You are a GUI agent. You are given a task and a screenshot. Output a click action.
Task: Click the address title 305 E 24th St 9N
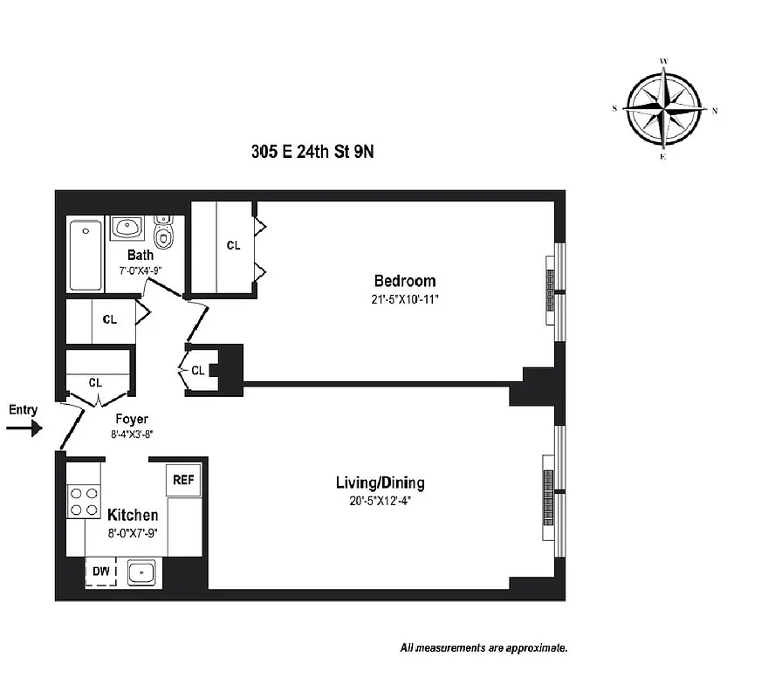pos(312,151)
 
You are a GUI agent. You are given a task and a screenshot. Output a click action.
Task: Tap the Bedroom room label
pos(404,281)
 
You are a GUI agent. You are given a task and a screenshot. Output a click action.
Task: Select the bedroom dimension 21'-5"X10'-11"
pos(405,299)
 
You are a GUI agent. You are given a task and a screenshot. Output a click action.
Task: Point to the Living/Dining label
pos(381,482)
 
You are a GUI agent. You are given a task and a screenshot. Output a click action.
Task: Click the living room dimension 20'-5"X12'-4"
pos(381,501)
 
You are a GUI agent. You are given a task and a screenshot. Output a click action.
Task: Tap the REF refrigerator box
pos(182,480)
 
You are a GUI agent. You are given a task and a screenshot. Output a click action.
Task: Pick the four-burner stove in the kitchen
pos(83,502)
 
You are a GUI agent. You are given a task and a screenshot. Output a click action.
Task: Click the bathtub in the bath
pos(86,255)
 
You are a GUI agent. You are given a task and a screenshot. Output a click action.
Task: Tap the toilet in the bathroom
pos(163,233)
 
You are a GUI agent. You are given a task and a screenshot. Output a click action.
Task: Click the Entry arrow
pos(24,428)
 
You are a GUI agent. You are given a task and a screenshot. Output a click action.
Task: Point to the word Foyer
pos(131,419)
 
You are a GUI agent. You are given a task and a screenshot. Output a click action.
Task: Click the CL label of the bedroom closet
pos(233,246)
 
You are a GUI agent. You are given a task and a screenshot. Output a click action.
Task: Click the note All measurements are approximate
pos(484,648)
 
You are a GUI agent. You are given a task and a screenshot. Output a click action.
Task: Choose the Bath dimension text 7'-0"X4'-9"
pos(140,270)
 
